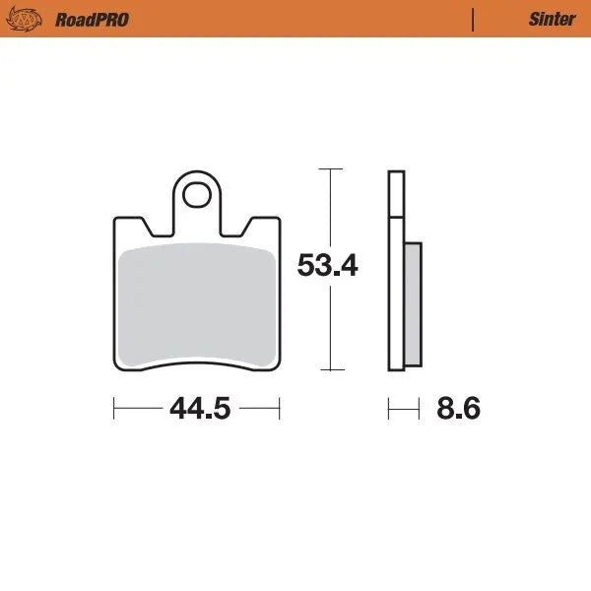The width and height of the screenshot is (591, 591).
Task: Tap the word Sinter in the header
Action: (x=551, y=19)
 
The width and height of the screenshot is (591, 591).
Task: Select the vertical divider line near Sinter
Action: (x=474, y=19)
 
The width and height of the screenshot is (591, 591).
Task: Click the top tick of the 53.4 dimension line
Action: (x=330, y=170)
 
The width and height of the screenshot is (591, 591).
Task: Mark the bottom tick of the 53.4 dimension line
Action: (x=330, y=370)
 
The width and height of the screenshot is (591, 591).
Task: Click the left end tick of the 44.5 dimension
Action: (x=115, y=408)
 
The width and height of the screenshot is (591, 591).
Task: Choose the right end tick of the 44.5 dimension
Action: (x=280, y=408)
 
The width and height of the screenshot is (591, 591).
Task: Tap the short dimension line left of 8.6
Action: (x=398, y=408)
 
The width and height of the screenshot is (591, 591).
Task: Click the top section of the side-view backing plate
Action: (x=396, y=193)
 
